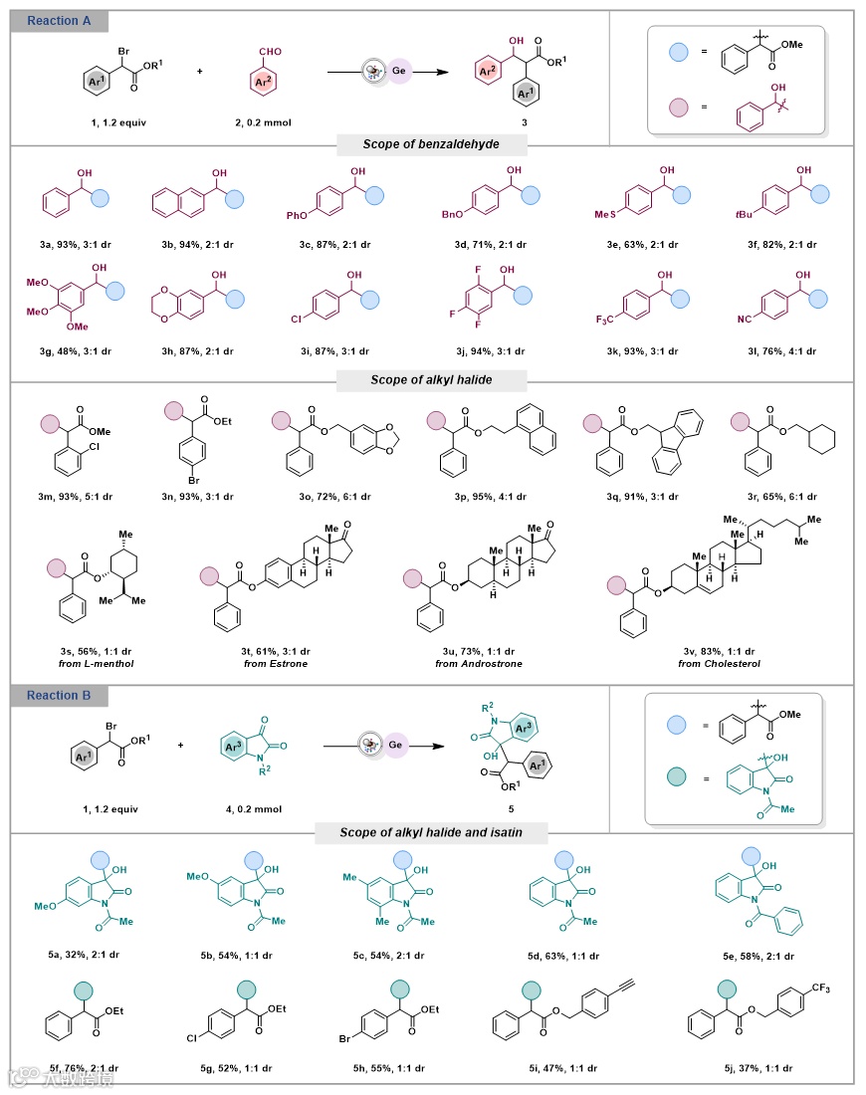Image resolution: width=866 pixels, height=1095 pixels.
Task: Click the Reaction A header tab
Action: (x=60, y=21)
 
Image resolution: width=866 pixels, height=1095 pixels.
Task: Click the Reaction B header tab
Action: (x=60, y=695)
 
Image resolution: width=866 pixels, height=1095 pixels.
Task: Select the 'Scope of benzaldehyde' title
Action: (x=431, y=145)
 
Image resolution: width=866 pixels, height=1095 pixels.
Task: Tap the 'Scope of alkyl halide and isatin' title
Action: (x=431, y=832)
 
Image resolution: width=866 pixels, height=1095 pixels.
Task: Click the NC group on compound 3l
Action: (x=729, y=325)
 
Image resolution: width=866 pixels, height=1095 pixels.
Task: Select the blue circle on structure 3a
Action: (x=101, y=197)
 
